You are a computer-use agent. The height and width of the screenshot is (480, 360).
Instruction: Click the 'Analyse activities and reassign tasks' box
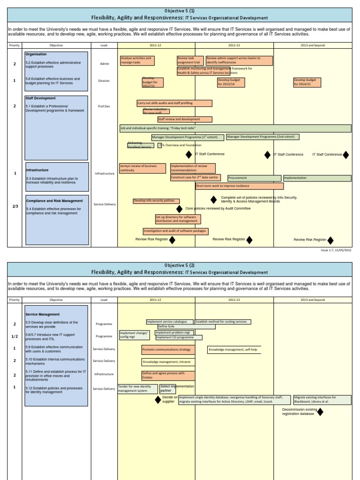(x=137, y=61)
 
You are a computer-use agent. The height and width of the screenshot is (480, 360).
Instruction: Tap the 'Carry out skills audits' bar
(x=174, y=103)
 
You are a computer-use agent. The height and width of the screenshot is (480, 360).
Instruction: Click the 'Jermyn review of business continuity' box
(x=142, y=168)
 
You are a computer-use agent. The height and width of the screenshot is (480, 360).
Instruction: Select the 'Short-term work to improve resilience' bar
(x=234, y=186)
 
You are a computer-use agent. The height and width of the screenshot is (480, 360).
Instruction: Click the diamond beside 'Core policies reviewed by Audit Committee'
(x=179, y=209)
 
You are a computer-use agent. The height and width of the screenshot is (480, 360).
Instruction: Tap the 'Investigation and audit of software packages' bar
(x=175, y=231)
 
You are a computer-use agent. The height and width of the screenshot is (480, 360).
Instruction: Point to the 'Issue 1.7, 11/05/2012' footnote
(x=336, y=250)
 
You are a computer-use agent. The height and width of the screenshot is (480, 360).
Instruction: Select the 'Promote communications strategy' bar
(x=168, y=350)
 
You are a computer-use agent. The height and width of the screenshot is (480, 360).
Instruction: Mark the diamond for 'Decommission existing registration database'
(x=321, y=412)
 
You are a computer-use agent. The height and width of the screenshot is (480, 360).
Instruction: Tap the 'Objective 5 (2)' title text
(x=180, y=265)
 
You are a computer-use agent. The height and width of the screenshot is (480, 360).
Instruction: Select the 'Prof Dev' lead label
(x=104, y=106)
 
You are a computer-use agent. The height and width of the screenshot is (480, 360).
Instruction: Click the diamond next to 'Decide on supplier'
(x=158, y=400)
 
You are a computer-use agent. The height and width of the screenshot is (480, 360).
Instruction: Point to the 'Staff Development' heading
(x=41, y=98)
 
